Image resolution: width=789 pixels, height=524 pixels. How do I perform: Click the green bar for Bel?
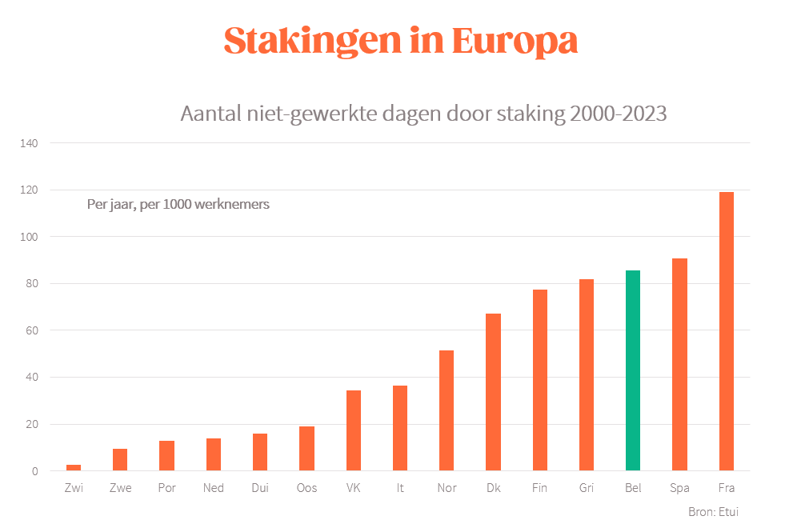pyautogui.click(x=633, y=370)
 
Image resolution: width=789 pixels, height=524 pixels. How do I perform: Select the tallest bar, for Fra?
pyautogui.click(x=726, y=331)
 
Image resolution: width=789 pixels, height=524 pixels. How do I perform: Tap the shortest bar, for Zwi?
pyautogui.click(x=74, y=467)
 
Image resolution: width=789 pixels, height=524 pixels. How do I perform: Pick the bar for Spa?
pyautogui.click(x=679, y=364)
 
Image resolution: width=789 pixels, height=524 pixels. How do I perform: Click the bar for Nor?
pyautogui.click(x=447, y=410)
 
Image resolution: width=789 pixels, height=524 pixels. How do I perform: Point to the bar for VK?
pyautogui.click(x=354, y=430)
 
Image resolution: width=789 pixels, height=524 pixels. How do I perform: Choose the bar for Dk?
pyautogui.click(x=493, y=392)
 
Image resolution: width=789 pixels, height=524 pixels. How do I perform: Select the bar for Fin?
pyautogui.click(x=539, y=380)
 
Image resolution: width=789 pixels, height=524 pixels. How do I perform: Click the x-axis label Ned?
pyautogui.click(x=213, y=488)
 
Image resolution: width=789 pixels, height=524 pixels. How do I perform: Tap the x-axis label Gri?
pyautogui.click(x=587, y=488)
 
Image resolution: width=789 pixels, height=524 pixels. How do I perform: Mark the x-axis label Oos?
pyautogui.click(x=307, y=488)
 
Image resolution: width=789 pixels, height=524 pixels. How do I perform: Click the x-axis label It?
pyautogui.click(x=400, y=488)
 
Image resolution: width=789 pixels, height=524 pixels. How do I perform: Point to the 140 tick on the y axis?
pyautogui.click(x=30, y=143)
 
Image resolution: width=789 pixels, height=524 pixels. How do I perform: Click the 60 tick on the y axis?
pyautogui.click(x=32, y=330)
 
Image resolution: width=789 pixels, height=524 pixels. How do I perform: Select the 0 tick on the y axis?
pyautogui.click(x=34, y=471)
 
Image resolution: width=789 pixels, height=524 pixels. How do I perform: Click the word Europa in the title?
pyautogui.click(x=515, y=41)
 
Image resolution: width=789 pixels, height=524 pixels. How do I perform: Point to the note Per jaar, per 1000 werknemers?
pyautogui.click(x=178, y=204)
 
